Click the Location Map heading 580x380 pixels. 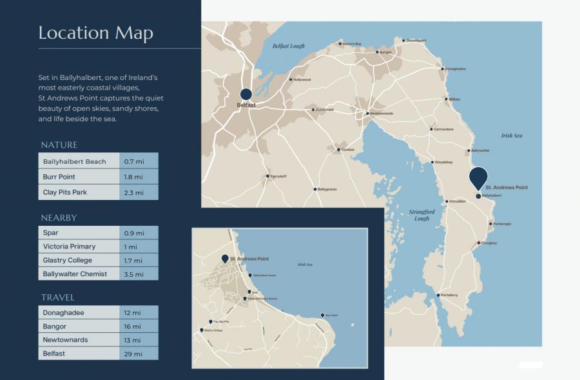(x=95, y=33)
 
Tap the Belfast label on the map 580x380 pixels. (x=246, y=105)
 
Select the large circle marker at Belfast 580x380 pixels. (x=246, y=93)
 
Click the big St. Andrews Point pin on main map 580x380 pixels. (x=478, y=177)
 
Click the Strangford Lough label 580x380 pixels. (x=422, y=215)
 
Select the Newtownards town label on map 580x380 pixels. (x=382, y=114)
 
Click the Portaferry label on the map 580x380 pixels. (x=449, y=295)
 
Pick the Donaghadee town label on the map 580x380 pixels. (x=455, y=69)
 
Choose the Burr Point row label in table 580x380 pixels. (x=59, y=177)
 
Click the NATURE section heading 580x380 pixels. (x=59, y=145)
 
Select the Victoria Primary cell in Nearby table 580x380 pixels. (x=69, y=246)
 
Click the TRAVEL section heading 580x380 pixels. (x=57, y=297)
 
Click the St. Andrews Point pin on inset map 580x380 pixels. (x=225, y=258)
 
